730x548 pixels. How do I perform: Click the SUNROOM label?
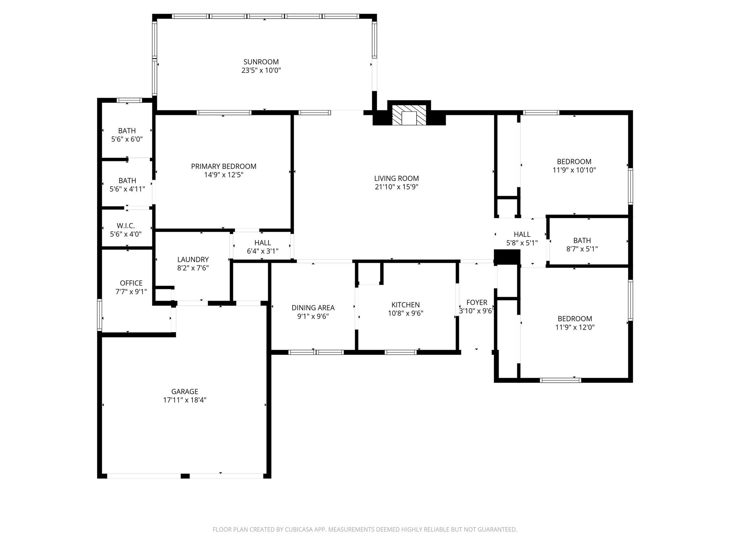[x=261, y=62]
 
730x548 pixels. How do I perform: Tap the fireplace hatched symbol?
[x=409, y=115]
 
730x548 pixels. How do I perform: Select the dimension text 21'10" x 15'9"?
[x=396, y=187]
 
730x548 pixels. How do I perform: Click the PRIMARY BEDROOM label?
[x=223, y=166]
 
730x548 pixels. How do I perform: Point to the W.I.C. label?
[x=125, y=226]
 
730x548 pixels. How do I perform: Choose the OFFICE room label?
[x=131, y=283]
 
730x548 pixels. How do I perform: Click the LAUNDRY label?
[x=193, y=259]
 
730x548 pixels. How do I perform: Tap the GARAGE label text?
[x=184, y=391]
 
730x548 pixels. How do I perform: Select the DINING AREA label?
[x=313, y=308]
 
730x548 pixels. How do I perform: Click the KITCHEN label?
[x=405, y=305]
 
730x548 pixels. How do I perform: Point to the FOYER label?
[x=477, y=303]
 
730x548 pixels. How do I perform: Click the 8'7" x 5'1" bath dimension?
[x=582, y=249]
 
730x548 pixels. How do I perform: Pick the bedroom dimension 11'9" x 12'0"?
[x=575, y=327]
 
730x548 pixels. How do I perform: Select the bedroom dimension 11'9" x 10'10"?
[x=574, y=170]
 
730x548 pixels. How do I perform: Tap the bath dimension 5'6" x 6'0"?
[x=127, y=139]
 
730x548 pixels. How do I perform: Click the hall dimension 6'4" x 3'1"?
[x=262, y=251]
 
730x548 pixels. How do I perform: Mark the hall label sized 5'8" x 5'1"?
[x=522, y=234]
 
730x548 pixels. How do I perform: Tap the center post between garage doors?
[x=185, y=476]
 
